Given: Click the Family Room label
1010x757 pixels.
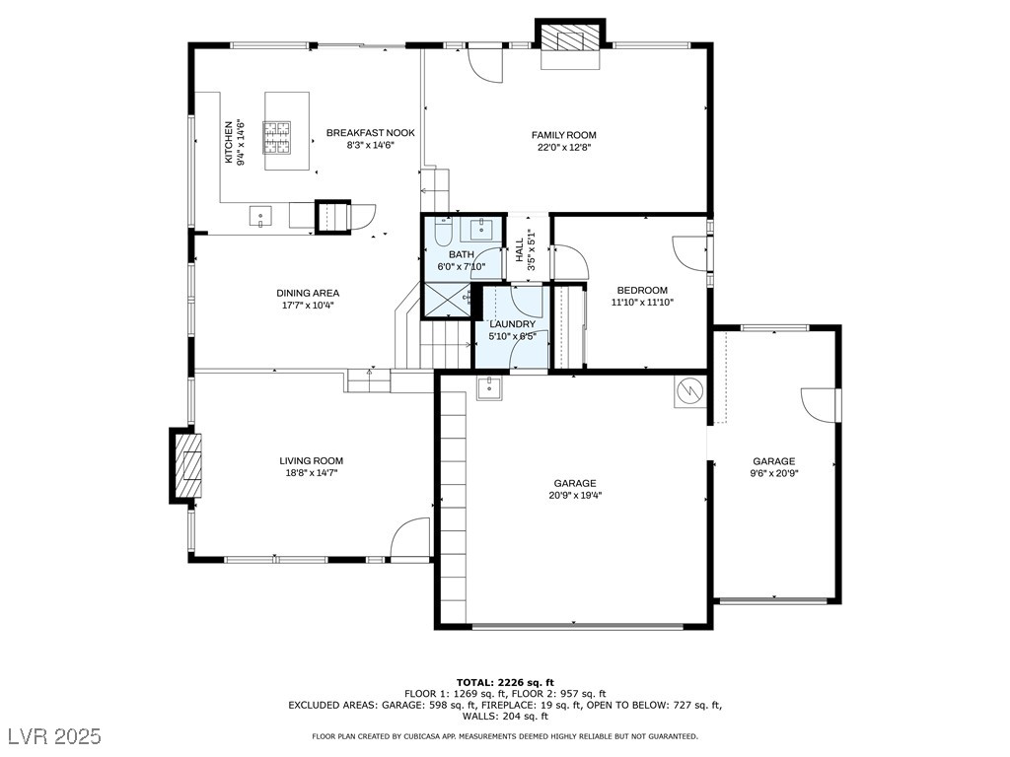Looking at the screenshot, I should (563, 135).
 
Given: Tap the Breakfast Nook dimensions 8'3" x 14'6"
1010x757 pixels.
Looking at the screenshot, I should (370, 146).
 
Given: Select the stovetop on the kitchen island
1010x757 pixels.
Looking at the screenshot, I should (276, 137).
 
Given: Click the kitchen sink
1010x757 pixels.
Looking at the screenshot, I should (260, 216).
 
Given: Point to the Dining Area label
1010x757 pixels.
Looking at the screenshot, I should (308, 293).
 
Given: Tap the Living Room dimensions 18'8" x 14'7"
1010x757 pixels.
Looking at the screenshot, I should (311, 473).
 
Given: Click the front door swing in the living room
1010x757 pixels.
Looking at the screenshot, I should (411, 539).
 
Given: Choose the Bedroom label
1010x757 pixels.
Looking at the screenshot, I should (642, 290).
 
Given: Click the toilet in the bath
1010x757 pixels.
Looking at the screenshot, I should (443, 232).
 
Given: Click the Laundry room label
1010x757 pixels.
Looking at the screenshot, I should (512, 324).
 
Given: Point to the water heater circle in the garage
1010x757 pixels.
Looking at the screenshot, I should (688, 392).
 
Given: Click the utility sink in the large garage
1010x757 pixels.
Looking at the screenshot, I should (488, 388).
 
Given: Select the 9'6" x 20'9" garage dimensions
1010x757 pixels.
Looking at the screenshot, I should (773, 473).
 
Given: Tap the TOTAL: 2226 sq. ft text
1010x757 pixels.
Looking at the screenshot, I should (505, 682).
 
